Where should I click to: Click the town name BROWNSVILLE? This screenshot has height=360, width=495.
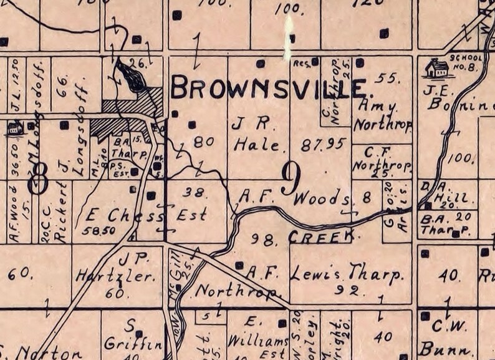[268, 88]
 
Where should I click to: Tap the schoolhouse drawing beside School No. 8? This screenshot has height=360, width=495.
[436, 67]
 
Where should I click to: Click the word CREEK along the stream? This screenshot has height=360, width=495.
[320, 236]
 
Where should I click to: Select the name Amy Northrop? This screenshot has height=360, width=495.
[382, 116]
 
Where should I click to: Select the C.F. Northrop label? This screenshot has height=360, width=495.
[382, 158]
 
